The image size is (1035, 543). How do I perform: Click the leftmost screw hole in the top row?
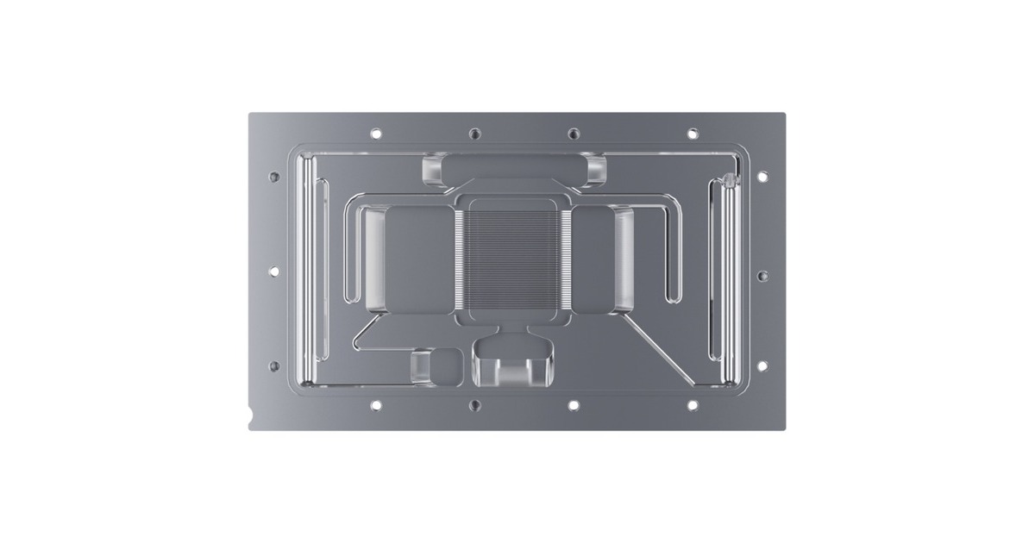point(375,134)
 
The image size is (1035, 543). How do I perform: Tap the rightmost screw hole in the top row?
point(693,134)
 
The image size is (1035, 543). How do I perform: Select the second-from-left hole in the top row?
point(474,134)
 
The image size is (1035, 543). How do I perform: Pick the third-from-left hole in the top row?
point(574,134)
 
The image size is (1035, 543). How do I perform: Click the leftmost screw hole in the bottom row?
point(375,404)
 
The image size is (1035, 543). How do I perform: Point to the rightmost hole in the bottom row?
point(693,404)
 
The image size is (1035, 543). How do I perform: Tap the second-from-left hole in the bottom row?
point(474,404)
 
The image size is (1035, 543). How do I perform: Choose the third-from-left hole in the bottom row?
point(574,404)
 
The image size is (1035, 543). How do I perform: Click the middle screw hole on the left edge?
point(274,271)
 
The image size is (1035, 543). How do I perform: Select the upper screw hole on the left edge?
point(274,176)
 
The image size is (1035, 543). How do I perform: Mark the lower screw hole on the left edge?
point(274,365)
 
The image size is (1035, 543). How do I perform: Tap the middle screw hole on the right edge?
point(762,276)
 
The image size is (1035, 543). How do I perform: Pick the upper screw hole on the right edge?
point(762,176)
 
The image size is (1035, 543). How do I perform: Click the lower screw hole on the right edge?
point(762,365)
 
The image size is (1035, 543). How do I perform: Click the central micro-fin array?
point(513,259)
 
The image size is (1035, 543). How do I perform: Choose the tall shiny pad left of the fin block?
point(378,259)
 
